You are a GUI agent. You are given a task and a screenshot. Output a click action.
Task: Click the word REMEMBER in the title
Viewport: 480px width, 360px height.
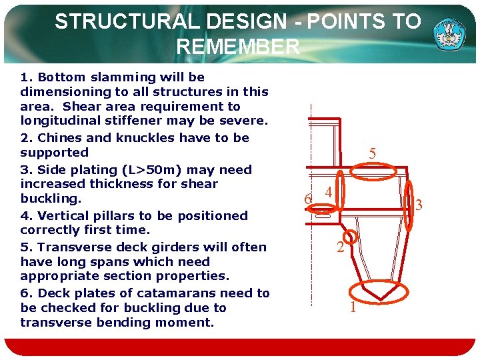coord(238,47)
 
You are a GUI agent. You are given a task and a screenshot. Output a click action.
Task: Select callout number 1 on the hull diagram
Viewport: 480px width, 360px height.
coord(353,307)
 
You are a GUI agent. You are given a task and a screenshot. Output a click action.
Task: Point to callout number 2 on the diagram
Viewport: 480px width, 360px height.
coord(340,249)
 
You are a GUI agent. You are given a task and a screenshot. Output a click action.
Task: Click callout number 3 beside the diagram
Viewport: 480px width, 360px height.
coord(419,206)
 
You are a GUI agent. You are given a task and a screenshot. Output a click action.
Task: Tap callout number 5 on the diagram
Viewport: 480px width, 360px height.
coord(373,154)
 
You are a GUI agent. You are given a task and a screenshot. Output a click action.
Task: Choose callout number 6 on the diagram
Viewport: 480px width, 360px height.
coord(307,199)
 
